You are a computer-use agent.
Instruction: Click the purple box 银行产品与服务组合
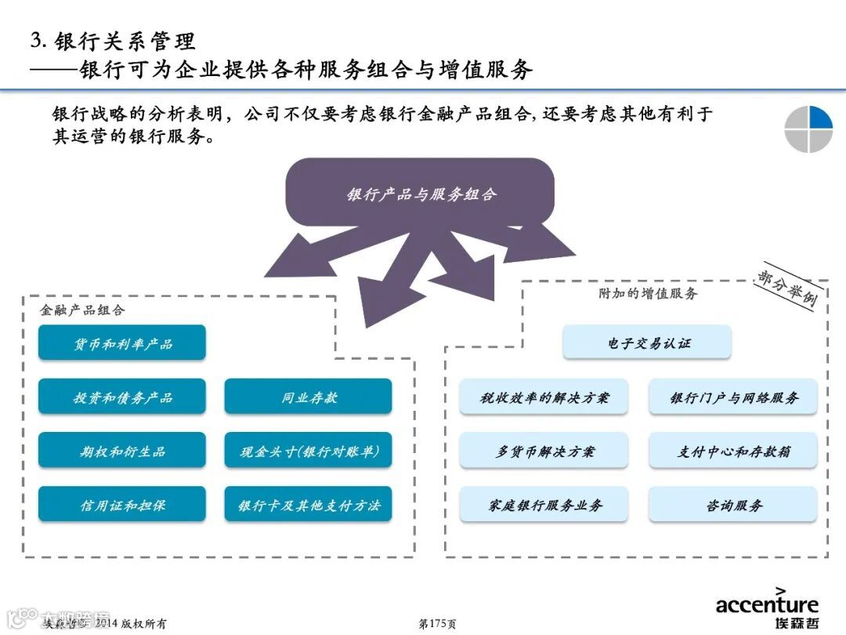click(421, 194)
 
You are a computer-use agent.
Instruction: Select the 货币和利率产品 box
click(122, 343)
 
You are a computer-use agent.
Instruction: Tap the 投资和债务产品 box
click(122, 397)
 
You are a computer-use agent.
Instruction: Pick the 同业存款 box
click(309, 397)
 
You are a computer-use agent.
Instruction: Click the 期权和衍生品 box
click(122, 451)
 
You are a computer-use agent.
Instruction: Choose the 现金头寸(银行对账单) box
click(309, 451)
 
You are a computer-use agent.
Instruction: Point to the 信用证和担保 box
click(122, 505)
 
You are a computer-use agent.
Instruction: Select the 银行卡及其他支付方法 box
click(309, 505)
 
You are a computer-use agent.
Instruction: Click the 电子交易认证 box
click(647, 343)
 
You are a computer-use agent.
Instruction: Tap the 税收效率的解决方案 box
click(544, 397)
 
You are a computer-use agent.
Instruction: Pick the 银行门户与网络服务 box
click(733, 397)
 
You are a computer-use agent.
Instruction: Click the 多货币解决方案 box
click(544, 451)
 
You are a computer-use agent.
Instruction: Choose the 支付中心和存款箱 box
click(733, 451)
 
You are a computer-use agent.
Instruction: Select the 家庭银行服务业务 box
click(544, 505)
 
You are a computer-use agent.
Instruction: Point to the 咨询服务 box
click(733, 505)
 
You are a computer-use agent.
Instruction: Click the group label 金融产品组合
click(82, 310)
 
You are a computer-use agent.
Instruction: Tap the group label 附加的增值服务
click(648, 293)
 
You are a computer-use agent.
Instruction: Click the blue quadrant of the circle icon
click(820, 118)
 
